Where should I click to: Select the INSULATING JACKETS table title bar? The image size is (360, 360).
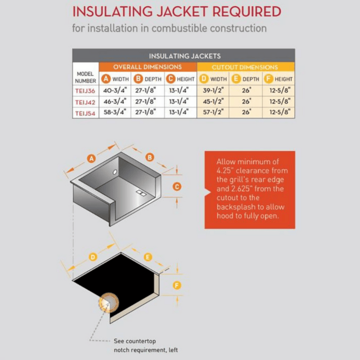click(184, 56)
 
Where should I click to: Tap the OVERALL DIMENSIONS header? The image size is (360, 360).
click(147, 67)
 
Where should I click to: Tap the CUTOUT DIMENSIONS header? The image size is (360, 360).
click(245, 67)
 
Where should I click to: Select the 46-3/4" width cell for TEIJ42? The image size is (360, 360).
click(115, 102)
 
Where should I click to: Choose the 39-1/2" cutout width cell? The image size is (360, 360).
click(213, 90)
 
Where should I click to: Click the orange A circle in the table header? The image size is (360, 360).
click(105, 79)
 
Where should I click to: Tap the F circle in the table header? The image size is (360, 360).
click(268, 79)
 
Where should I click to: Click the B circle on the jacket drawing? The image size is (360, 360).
click(150, 157)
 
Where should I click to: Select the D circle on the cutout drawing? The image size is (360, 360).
click(93, 257)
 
